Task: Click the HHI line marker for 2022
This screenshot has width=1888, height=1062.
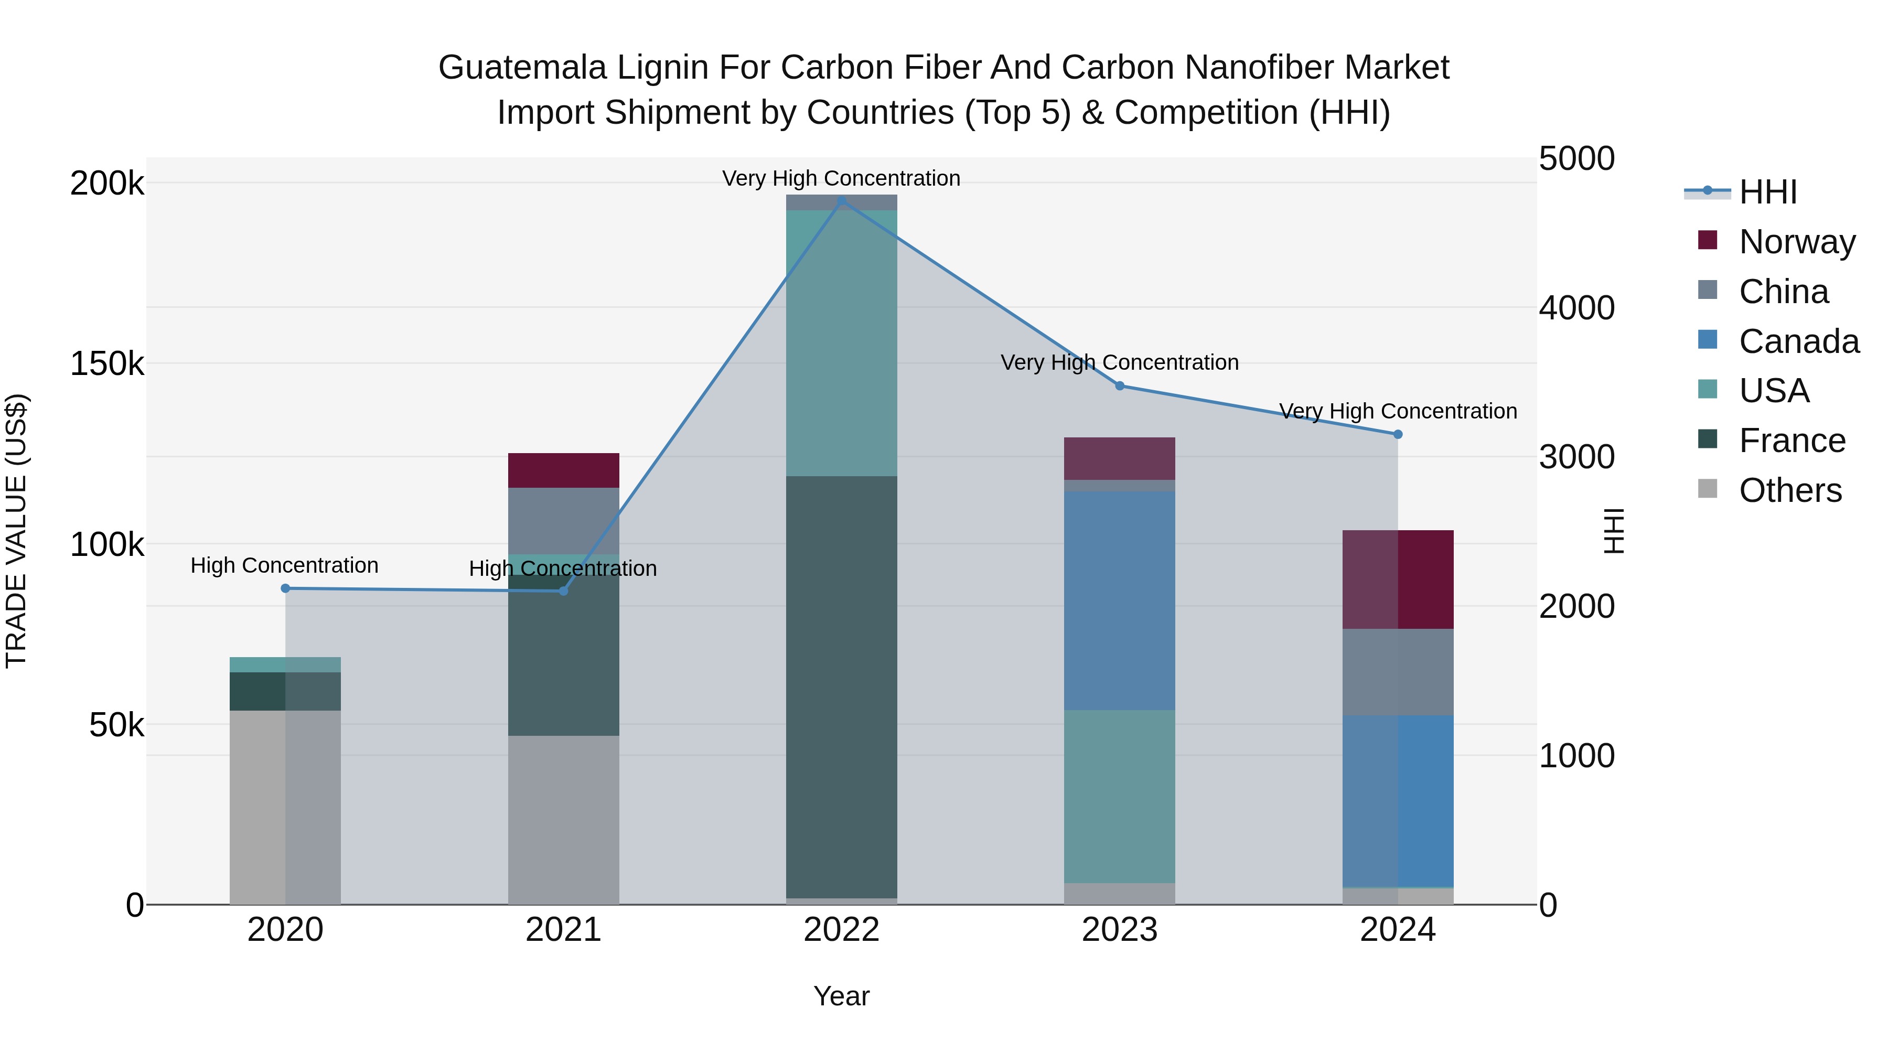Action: tap(841, 200)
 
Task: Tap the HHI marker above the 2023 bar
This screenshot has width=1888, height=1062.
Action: tap(1119, 385)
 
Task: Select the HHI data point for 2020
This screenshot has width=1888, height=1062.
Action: tap(285, 588)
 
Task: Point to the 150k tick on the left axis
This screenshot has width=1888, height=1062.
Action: tap(107, 363)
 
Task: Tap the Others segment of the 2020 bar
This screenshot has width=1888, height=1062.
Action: tap(285, 806)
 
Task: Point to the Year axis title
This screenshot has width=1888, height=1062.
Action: tap(841, 996)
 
